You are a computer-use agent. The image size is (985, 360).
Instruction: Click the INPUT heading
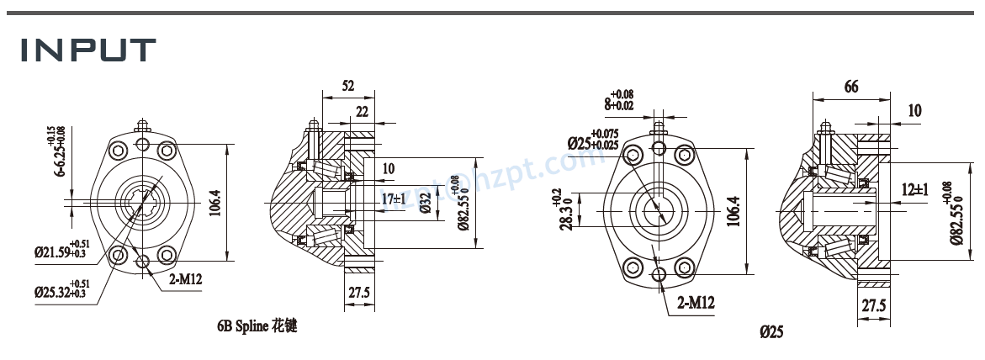88,50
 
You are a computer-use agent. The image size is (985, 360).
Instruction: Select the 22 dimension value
363,112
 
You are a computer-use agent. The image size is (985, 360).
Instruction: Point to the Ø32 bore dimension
426,203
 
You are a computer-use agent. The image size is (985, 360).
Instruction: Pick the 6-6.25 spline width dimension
60,152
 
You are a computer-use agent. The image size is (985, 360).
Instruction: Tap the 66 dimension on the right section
850,87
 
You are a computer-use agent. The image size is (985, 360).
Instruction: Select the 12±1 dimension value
914,190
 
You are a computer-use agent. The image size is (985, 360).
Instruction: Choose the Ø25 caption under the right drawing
771,332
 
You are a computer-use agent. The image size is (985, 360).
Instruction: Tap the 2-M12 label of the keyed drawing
696,302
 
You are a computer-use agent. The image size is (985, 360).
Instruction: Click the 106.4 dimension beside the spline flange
216,203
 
